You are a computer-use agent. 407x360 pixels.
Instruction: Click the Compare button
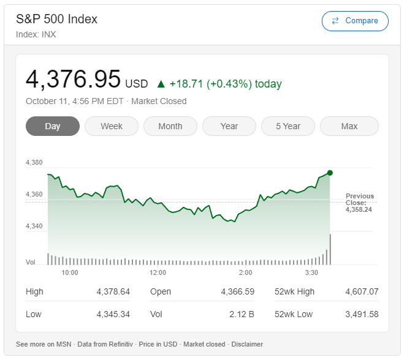355,21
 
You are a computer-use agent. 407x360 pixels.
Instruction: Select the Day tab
53,126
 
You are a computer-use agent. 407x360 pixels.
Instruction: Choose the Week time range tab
112,126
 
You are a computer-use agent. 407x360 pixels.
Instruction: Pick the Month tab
170,126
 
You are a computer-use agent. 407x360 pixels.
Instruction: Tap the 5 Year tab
288,126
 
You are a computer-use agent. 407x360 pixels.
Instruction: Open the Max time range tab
349,126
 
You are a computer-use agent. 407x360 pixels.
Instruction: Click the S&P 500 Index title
56,19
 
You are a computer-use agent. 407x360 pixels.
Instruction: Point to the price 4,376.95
74,80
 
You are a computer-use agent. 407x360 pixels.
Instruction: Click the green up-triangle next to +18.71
161,84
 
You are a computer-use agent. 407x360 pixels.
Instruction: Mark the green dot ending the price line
330,173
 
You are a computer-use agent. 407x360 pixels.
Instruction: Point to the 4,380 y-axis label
34,162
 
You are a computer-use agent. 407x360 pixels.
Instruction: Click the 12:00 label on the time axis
158,272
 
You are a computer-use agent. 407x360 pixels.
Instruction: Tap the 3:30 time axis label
311,272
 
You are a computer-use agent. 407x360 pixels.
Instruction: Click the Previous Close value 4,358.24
359,209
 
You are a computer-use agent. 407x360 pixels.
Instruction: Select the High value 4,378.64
113,291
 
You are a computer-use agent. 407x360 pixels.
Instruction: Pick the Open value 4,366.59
237,291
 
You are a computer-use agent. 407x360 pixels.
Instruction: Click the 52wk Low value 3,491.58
362,314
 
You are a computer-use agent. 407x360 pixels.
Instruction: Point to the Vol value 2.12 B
242,314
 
